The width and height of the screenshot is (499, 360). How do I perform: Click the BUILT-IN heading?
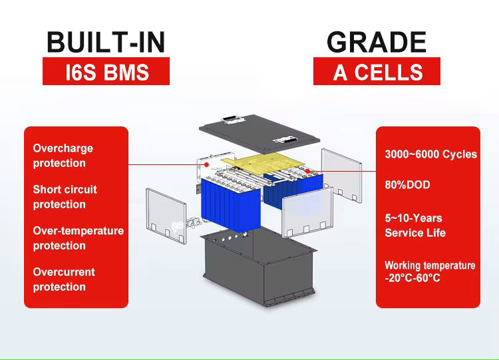(x=106, y=42)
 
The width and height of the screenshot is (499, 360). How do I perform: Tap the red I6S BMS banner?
(x=106, y=71)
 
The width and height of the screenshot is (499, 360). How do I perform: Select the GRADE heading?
(x=377, y=42)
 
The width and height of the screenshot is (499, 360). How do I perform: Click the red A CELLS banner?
(x=377, y=71)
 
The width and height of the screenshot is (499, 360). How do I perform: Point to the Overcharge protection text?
(x=63, y=156)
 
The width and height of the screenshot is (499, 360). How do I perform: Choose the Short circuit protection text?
(x=65, y=197)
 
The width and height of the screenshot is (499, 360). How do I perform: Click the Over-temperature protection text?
(x=79, y=238)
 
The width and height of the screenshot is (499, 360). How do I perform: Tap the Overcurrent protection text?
(x=64, y=279)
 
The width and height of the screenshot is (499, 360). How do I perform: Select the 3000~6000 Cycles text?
(x=431, y=154)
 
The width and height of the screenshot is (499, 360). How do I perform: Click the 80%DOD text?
(x=407, y=185)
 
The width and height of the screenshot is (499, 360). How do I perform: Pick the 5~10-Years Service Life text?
(x=415, y=226)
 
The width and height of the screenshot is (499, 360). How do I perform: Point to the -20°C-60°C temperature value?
(x=413, y=278)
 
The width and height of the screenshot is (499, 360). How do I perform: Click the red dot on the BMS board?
(x=206, y=164)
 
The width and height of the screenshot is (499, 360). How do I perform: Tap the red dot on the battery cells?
(x=308, y=171)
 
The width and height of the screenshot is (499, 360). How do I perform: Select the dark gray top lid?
(x=259, y=133)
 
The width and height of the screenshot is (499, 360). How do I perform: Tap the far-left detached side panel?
(x=166, y=216)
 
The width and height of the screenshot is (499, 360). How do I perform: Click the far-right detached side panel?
(x=341, y=175)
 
